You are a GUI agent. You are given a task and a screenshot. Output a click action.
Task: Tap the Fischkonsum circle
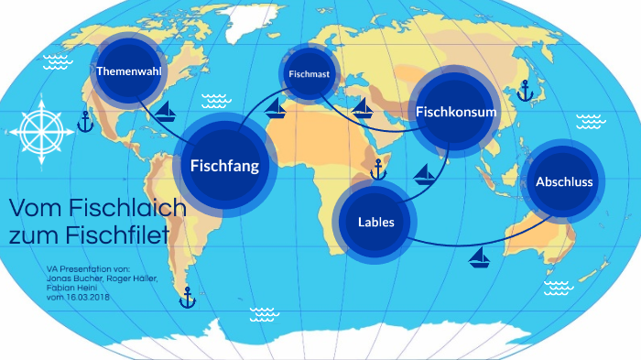(x=456, y=113)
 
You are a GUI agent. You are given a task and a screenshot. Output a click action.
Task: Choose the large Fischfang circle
(x=224, y=166)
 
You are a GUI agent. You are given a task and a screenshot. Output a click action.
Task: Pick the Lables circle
(x=376, y=222)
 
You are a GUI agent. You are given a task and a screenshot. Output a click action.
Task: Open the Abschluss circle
(x=563, y=182)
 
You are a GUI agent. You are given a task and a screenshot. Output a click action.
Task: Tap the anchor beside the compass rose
(x=85, y=121)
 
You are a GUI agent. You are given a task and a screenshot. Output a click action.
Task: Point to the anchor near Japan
(x=525, y=90)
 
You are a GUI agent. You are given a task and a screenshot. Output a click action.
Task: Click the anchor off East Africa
(x=376, y=169)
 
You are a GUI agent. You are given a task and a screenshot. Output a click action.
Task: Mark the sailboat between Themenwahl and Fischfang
(x=167, y=113)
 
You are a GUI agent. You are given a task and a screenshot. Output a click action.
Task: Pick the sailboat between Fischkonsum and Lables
(x=424, y=172)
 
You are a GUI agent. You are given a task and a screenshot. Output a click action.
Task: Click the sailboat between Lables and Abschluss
(x=478, y=258)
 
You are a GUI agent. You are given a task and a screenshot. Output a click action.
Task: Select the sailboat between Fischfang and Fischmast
(x=275, y=110)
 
